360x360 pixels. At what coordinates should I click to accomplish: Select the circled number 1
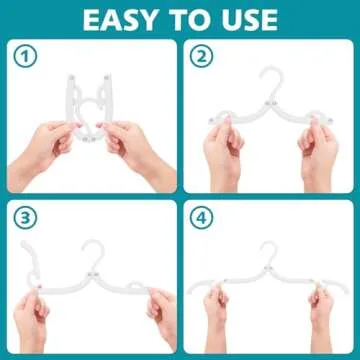pos(27,57)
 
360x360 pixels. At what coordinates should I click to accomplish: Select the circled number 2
pos(202,57)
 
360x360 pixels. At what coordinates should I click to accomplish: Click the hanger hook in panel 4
pos(268,251)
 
